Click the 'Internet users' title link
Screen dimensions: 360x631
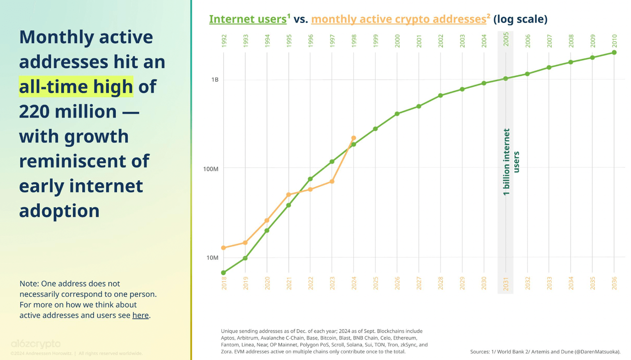[248, 19]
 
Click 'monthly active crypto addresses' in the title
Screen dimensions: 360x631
[398, 19]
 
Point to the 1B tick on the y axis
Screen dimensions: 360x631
[215, 80]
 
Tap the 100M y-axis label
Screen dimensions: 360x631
[211, 169]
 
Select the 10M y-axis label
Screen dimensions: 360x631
[212, 258]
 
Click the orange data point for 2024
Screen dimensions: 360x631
[354, 138]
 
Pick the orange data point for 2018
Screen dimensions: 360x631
[223, 248]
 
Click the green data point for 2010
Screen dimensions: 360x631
[614, 53]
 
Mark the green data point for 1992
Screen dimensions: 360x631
[223, 273]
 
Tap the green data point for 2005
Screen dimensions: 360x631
[506, 79]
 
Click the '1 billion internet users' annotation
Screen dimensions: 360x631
[511, 162]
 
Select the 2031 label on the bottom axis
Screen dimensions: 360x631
[506, 283]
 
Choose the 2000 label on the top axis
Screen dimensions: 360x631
[397, 41]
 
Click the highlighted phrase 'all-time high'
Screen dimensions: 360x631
[76, 87]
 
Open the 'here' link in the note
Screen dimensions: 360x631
[140, 315]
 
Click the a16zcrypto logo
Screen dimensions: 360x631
[36, 344]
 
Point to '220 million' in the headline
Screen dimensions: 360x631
[68, 112]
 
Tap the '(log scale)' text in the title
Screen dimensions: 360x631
[520, 19]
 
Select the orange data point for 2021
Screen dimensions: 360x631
[289, 195]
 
